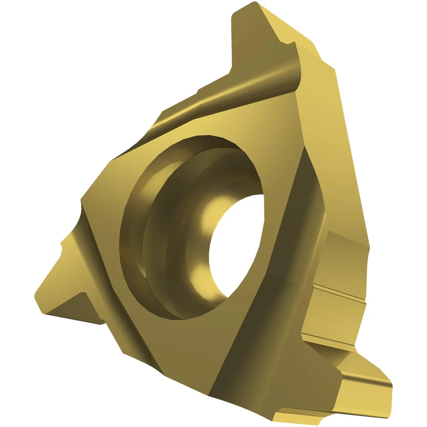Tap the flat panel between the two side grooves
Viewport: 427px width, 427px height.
(337, 316)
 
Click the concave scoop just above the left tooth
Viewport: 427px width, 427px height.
(79, 213)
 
